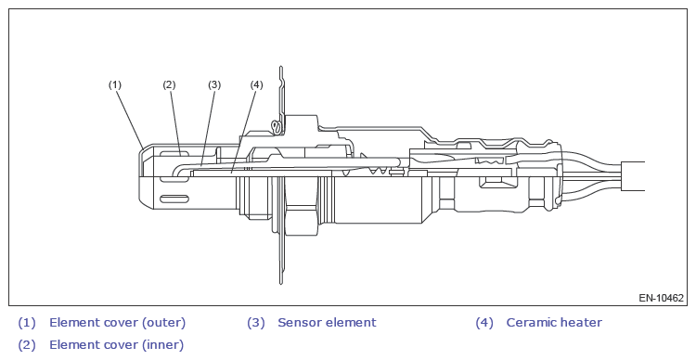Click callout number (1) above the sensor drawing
pos(115,84)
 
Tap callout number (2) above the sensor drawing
pos(169,84)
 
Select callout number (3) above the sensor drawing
pos(214,84)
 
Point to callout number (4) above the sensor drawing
pos(256,84)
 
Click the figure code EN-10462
pos(662,298)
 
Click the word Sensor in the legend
pos(301,322)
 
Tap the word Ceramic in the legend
pos(531,322)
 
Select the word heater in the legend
pos(581,322)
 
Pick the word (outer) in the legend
pos(163,323)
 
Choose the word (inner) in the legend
pos(162,345)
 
